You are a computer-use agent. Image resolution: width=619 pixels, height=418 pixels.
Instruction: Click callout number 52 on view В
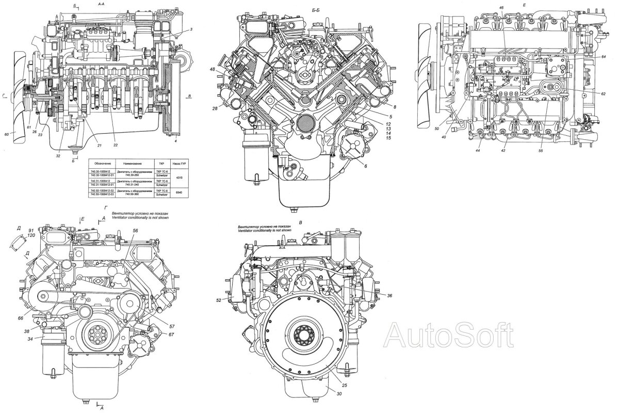click(219, 300)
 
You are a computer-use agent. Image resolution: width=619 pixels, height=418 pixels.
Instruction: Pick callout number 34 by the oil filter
click(30, 339)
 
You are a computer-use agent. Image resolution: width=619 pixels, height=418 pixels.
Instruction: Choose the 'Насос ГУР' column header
click(178, 162)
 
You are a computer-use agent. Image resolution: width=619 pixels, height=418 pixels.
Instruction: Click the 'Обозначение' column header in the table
click(102, 162)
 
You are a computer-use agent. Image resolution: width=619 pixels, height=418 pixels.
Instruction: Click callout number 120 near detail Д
click(31, 235)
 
